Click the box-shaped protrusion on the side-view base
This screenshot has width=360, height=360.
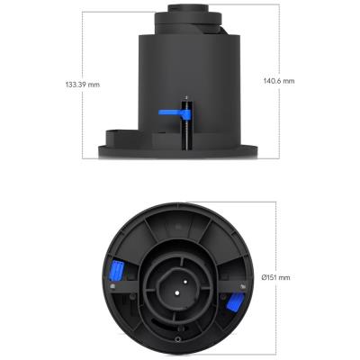pos(114,139)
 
